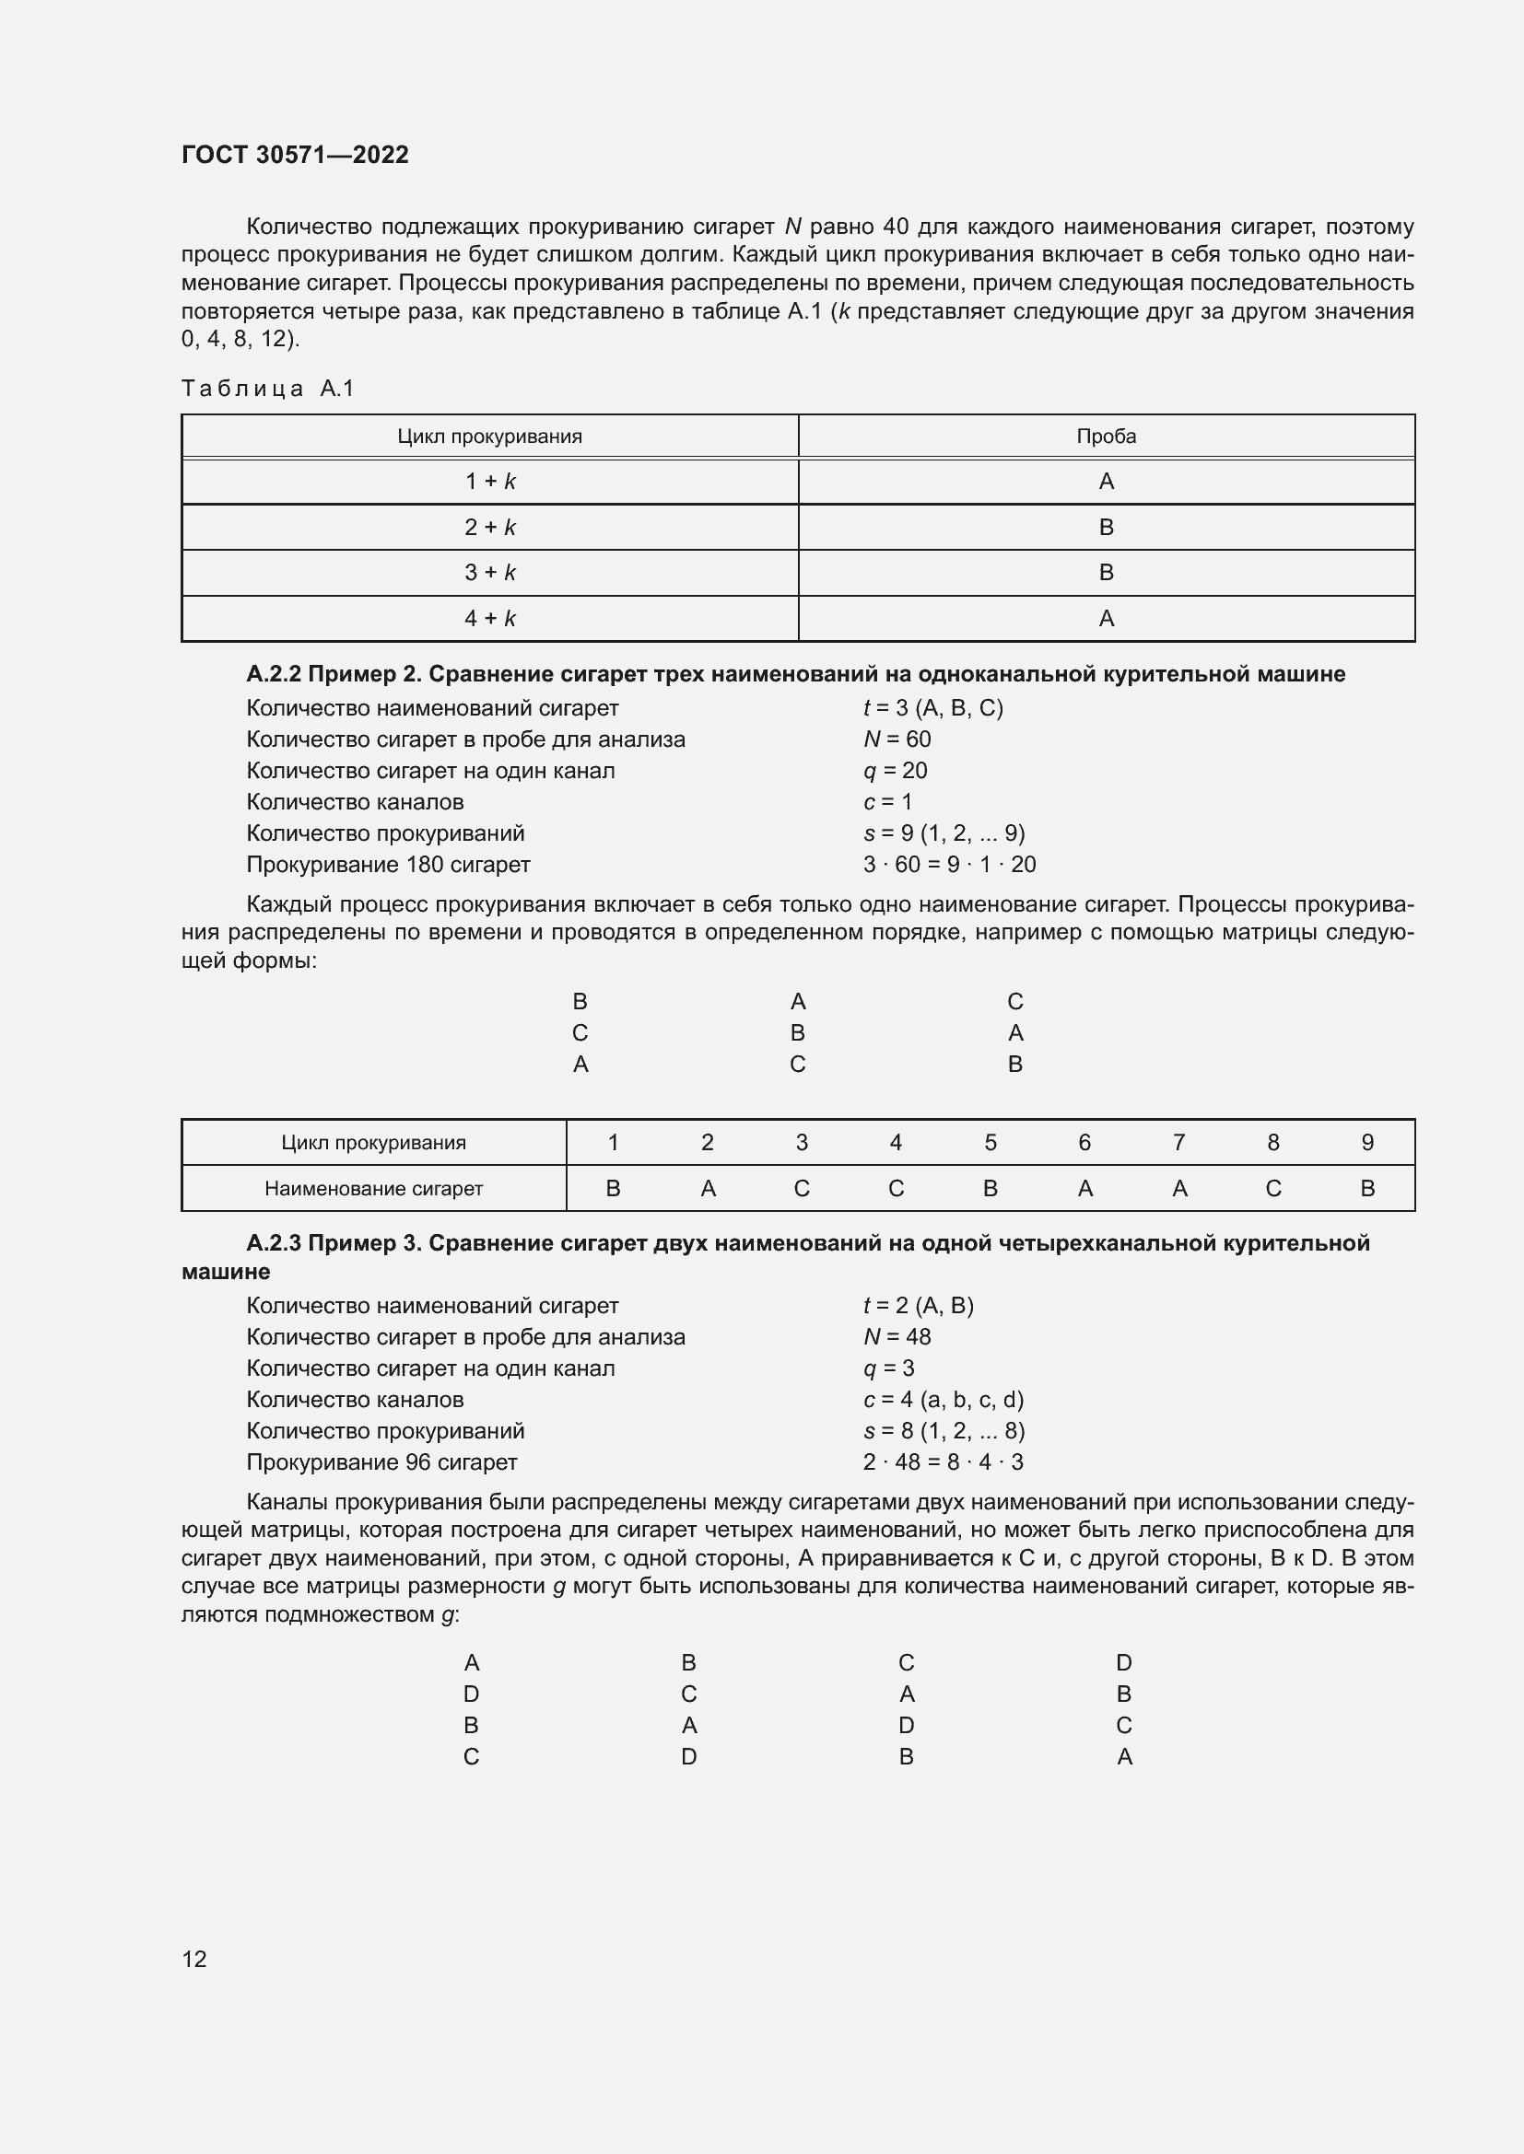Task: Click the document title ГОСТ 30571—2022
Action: pyautogui.click(x=295, y=155)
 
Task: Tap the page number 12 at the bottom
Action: pyautogui.click(x=194, y=1959)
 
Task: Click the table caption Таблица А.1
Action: pyautogui.click(x=267, y=389)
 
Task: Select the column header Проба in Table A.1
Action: pyautogui.click(x=1106, y=437)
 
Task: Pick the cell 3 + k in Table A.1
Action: pyautogui.click(x=490, y=572)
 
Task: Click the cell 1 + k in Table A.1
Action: pyautogui.click(x=490, y=482)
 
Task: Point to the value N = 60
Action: pyautogui.click(x=897, y=739)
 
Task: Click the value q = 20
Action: pyautogui.click(x=895, y=770)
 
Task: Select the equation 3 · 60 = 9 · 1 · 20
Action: pyautogui.click(x=949, y=864)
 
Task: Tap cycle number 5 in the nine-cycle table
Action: pyautogui.click(x=990, y=1142)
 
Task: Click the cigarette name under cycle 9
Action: pyautogui.click(x=1367, y=1189)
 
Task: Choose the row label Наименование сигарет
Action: pyautogui.click(x=373, y=1189)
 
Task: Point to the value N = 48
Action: pyautogui.click(x=897, y=1337)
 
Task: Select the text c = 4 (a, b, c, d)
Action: pyautogui.click(x=944, y=1400)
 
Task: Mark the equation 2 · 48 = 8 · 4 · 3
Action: pyautogui.click(x=943, y=1461)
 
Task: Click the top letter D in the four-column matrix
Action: pyautogui.click(x=1123, y=1663)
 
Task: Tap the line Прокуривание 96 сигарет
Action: pyautogui.click(x=382, y=1461)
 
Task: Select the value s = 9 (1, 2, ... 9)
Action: pyautogui.click(x=944, y=833)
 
